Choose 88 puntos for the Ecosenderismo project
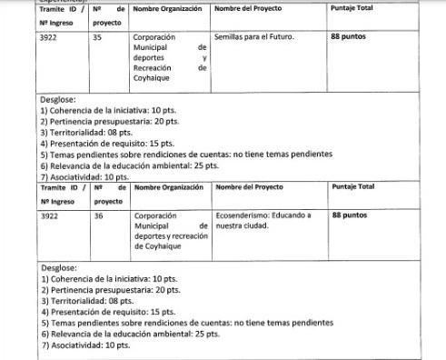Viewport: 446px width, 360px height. pyautogui.click(x=350, y=216)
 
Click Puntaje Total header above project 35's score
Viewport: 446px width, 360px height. pyautogui.click(x=353, y=8)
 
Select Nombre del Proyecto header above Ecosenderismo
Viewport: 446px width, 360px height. pyautogui.click(x=248, y=186)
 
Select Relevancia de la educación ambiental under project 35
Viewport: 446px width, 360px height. pyautogui.click(x=130, y=165)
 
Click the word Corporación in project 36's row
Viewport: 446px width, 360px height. pyautogui.click(x=154, y=216)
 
